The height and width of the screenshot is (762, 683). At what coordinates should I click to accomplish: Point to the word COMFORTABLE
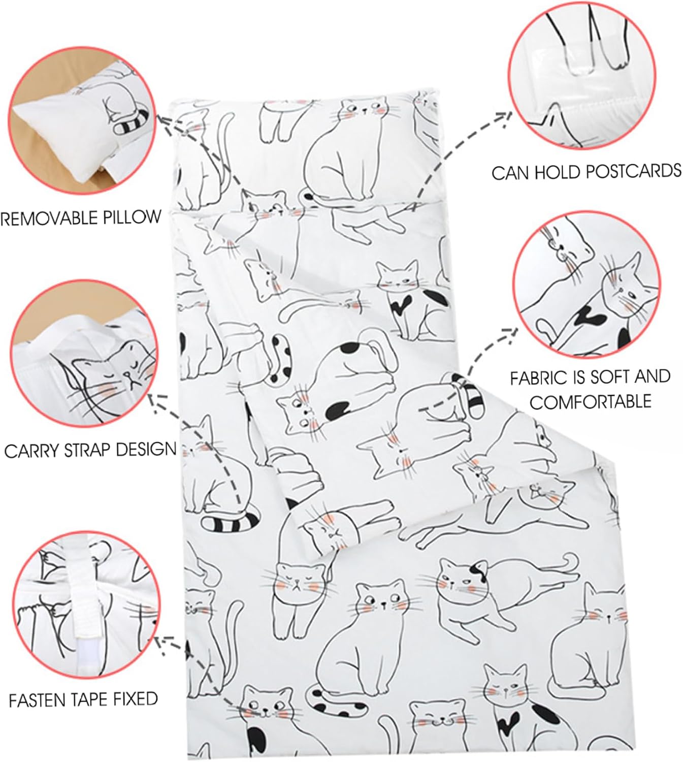click(591, 402)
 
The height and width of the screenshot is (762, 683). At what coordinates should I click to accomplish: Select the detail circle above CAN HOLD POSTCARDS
click(582, 75)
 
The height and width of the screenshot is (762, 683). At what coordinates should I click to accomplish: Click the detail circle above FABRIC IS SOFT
click(587, 284)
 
